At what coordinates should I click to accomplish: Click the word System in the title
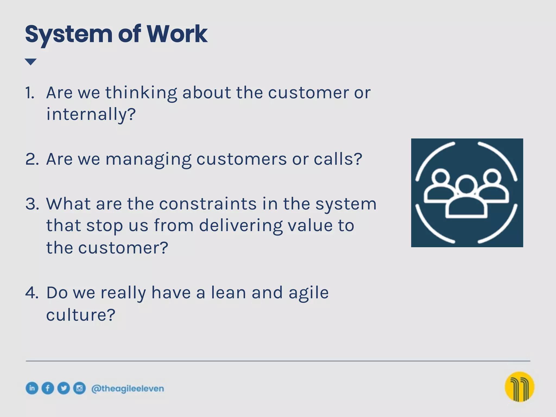tap(68, 34)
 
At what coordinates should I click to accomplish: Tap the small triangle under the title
tap(30, 62)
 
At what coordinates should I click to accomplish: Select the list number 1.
tap(30, 93)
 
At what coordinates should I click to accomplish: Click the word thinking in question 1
tap(141, 93)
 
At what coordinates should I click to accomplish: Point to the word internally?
tap(91, 114)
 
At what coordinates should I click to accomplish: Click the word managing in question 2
tap(149, 159)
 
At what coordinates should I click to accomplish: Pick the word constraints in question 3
tap(208, 204)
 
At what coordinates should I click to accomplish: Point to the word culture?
tap(81, 315)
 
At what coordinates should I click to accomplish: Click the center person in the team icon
tap(466, 198)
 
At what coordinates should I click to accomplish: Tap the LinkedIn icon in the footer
tap(32, 388)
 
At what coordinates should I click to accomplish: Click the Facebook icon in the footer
tap(48, 388)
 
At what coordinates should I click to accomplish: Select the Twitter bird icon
tap(64, 388)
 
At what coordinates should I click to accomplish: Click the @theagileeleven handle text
tap(128, 388)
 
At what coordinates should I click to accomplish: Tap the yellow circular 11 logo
tap(519, 387)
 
